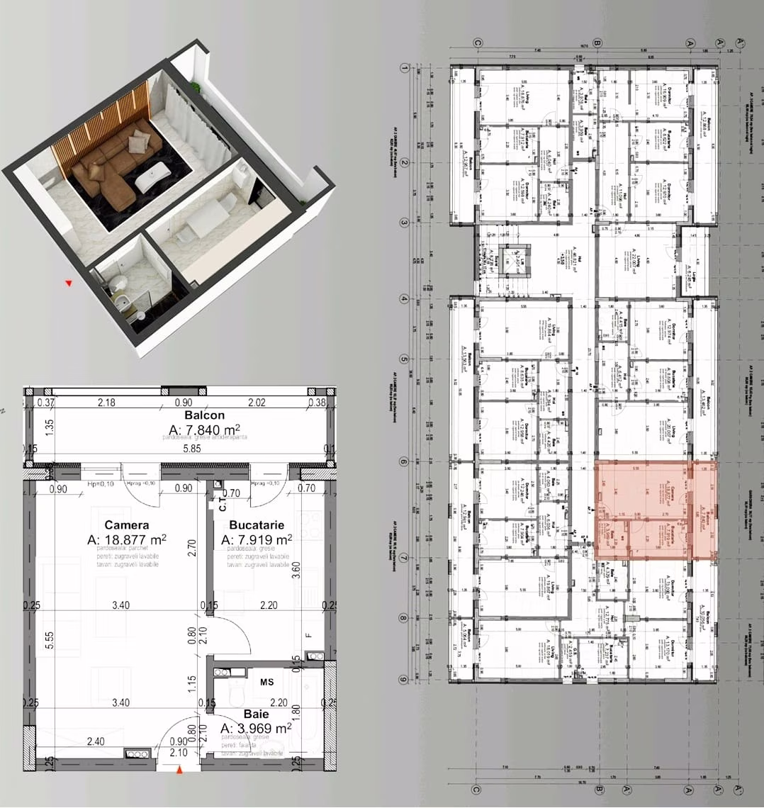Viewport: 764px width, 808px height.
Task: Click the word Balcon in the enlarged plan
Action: tap(204, 415)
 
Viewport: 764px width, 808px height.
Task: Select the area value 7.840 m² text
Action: tap(204, 430)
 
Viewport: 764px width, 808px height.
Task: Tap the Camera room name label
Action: tap(127, 525)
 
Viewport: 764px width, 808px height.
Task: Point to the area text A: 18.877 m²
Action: tap(127, 539)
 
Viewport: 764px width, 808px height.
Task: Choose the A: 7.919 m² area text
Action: tap(257, 539)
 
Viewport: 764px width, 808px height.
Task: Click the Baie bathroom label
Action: tap(256, 714)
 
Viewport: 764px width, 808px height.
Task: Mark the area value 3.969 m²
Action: tap(256, 729)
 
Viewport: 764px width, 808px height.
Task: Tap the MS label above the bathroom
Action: tap(266, 682)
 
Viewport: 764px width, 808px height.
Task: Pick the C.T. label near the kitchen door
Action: tap(222, 505)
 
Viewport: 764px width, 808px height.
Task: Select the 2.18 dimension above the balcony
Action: tap(106, 403)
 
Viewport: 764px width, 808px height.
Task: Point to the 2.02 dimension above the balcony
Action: tap(256, 403)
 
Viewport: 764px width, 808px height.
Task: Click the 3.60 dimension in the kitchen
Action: tap(296, 571)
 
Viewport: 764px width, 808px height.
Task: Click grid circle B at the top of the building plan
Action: tap(597, 43)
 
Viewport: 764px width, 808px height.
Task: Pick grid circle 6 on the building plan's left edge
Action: tap(404, 461)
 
